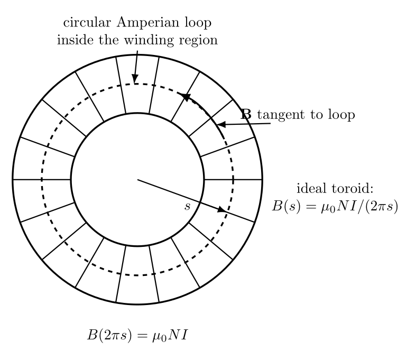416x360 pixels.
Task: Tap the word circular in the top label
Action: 87,22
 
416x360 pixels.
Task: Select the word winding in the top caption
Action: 149,40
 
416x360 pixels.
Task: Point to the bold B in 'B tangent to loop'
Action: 246,115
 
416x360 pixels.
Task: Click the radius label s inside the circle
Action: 187,206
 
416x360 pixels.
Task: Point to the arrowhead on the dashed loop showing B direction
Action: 184,97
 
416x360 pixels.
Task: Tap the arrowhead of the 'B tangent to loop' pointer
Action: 221,124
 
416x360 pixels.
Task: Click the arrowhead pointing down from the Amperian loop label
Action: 135,79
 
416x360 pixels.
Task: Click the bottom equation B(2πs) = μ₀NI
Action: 137,335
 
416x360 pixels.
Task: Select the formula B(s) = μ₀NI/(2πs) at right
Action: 335,206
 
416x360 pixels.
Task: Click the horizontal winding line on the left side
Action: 42,180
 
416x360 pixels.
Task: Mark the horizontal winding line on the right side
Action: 233,180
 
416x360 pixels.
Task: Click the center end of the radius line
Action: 137,180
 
